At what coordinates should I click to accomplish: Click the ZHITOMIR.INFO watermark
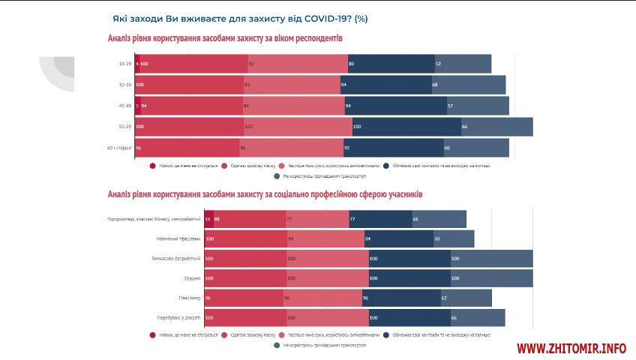tap(571, 349)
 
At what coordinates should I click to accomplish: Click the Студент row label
tap(190, 278)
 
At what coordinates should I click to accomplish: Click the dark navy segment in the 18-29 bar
tap(391, 64)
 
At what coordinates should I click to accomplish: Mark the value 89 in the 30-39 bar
tap(247, 85)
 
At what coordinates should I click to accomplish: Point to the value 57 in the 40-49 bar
tap(450, 106)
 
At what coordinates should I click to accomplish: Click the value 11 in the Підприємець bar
tap(208, 219)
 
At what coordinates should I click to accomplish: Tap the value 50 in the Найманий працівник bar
tap(436, 238)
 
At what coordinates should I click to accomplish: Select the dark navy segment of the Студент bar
tap(409, 278)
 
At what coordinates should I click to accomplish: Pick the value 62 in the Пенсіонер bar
tap(444, 298)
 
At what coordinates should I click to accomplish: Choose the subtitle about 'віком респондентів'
tap(230, 38)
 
